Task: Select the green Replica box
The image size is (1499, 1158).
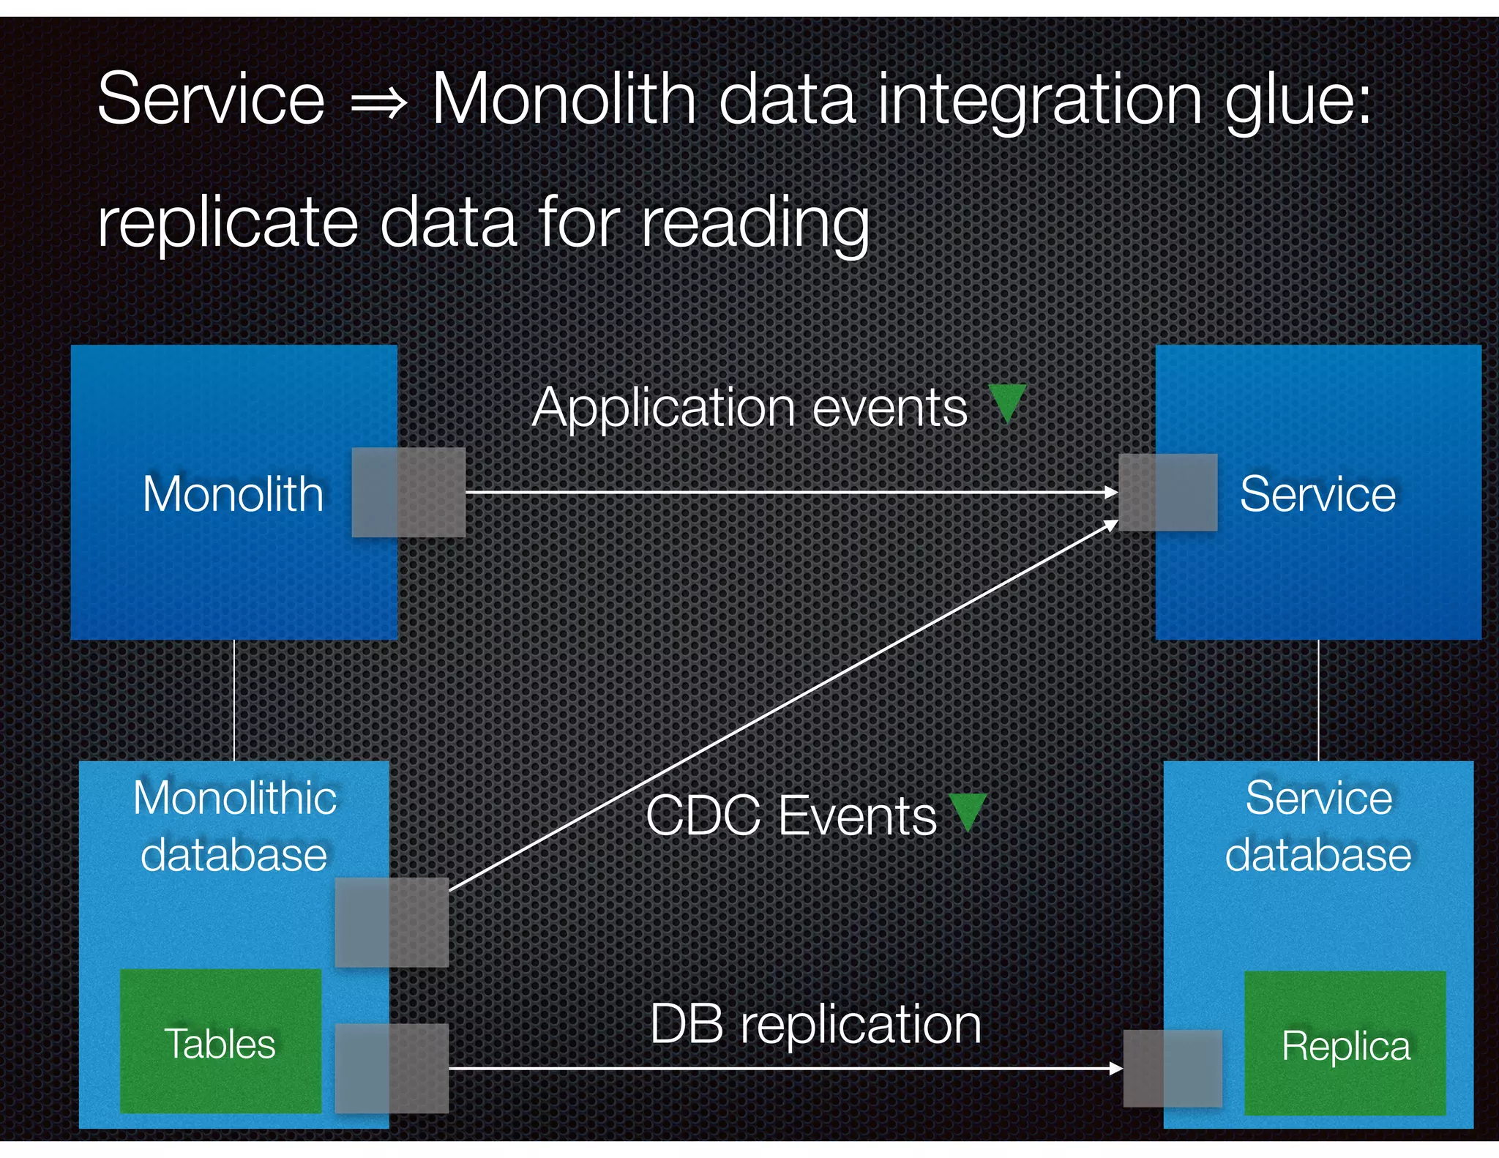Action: (x=1345, y=1043)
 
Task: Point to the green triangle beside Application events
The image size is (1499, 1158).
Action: (x=1007, y=402)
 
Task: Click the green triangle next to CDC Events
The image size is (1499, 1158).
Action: (x=968, y=811)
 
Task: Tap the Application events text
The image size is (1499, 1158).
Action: (x=749, y=407)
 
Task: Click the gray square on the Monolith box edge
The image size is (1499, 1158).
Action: (x=408, y=492)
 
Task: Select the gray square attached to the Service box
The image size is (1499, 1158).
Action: (x=1168, y=492)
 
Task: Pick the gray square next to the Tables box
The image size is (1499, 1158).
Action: (x=392, y=1068)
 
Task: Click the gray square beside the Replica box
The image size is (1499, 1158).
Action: (x=1172, y=1068)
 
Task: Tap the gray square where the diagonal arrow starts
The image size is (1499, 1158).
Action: (x=392, y=922)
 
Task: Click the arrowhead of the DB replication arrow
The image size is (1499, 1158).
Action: (x=1115, y=1068)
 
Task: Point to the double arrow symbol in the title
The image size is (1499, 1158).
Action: (x=378, y=102)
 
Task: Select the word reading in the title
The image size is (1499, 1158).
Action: (x=755, y=223)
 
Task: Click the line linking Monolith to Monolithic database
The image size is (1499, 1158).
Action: (x=234, y=700)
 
